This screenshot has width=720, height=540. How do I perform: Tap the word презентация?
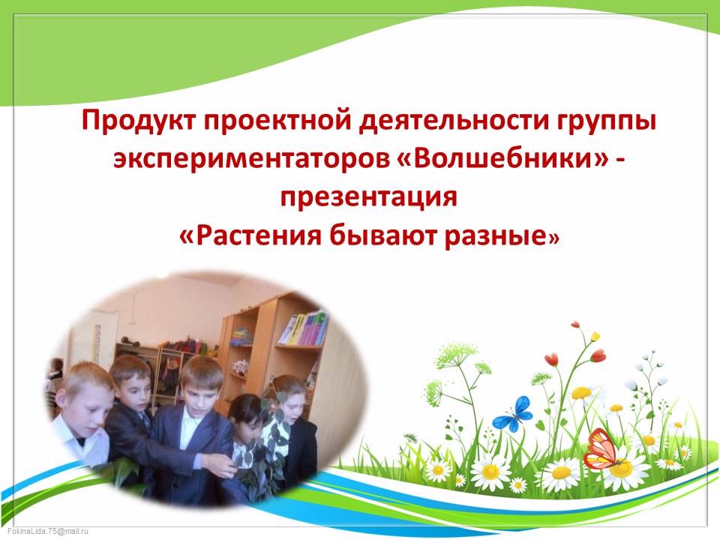tap(369, 197)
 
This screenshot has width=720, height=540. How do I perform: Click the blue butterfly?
tap(513, 415)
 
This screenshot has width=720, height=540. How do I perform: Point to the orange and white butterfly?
tap(604, 448)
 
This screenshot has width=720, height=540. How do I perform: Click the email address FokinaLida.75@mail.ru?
tap(47, 531)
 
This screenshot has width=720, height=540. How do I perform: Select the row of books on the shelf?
tap(303, 328)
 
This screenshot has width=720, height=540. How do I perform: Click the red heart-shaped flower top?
tap(551, 358)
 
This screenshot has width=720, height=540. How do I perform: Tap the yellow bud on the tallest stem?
tap(595, 336)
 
